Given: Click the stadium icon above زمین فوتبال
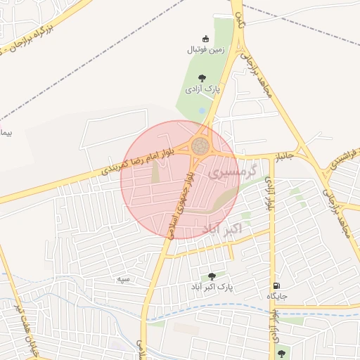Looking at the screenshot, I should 205,38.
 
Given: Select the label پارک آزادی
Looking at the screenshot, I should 202,90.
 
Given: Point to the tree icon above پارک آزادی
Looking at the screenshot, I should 202,78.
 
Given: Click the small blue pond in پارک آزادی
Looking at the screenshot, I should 202,110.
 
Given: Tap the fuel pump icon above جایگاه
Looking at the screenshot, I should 275,285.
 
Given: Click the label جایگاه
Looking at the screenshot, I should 275,297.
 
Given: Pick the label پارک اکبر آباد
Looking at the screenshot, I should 211,288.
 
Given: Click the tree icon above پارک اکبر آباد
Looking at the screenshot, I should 212,276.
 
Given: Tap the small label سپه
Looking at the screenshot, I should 124,279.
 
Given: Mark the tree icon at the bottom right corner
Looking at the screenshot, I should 281,353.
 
